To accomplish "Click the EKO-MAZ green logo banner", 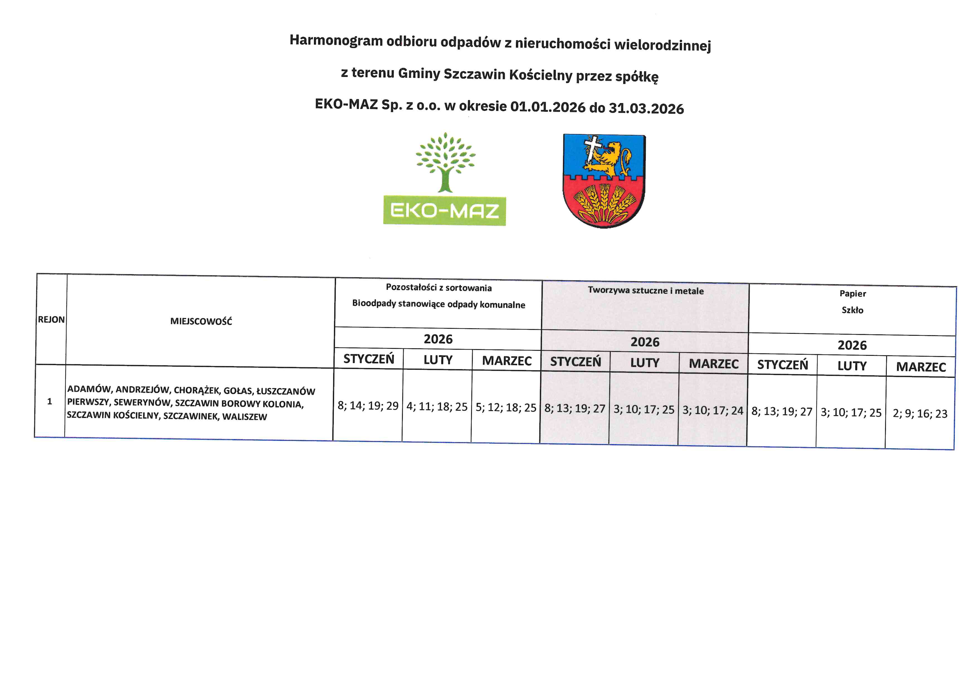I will (x=444, y=211).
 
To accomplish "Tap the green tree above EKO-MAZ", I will (x=445, y=162).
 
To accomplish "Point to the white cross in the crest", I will (x=592, y=147).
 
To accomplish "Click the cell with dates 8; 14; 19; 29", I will (x=368, y=405).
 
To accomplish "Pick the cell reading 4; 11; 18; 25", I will (x=437, y=407).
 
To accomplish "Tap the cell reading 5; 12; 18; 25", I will (x=506, y=408).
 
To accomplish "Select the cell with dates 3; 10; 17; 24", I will (x=713, y=411).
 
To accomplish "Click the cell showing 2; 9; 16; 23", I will (x=920, y=413).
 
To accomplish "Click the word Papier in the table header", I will (x=853, y=294).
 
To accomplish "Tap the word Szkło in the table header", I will (x=852, y=310).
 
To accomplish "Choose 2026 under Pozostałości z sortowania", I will (x=438, y=339).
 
